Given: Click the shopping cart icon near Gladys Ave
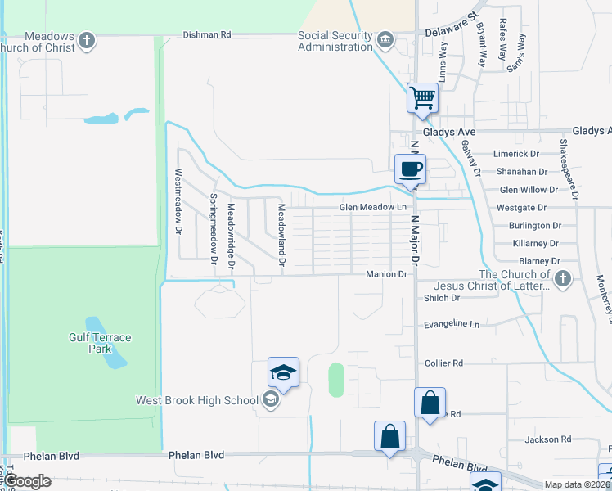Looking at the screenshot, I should pyautogui.click(x=423, y=98).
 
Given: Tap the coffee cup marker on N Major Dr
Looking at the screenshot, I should pyautogui.click(x=410, y=169).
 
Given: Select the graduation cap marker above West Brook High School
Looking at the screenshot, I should pyautogui.click(x=283, y=372).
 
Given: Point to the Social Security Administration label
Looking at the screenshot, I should pyautogui.click(x=335, y=41).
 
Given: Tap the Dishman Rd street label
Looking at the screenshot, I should pyautogui.click(x=207, y=35).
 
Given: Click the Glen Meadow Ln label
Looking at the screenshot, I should pyautogui.click(x=373, y=208).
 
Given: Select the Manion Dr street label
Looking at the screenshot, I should pyautogui.click(x=386, y=274).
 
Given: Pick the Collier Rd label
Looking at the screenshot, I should pyautogui.click(x=443, y=363).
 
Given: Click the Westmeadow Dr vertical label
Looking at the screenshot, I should pyautogui.click(x=178, y=202).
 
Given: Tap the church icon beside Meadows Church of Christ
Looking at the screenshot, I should pyautogui.click(x=87, y=39).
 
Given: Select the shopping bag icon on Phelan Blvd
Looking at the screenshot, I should pyautogui.click(x=390, y=436).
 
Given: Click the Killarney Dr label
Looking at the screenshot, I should pyautogui.click(x=536, y=244).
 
